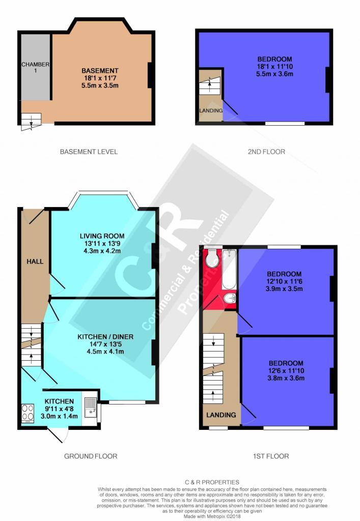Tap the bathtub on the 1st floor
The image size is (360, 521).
(229, 270)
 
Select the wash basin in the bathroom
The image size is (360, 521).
(230, 299)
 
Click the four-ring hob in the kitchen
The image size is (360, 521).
(27, 413)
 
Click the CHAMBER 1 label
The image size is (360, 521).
(35, 67)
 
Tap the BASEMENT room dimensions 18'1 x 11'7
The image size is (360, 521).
(100, 78)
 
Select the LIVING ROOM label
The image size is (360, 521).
(102, 236)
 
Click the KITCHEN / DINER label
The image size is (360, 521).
(105, 337)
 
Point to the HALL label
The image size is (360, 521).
(35, 262)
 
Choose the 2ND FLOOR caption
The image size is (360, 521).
(267, 152)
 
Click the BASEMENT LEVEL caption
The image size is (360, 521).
(89, 152)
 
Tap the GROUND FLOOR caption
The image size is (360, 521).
(91, 456)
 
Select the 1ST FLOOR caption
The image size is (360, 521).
(271, 456)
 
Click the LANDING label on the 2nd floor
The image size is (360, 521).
(211, 110)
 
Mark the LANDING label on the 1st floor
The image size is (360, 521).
(221, 415)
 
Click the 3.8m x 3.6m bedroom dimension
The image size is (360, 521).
(286, 378)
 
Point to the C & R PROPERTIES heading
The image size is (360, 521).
(212, 482)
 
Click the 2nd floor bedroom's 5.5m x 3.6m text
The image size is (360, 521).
(274, 74)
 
